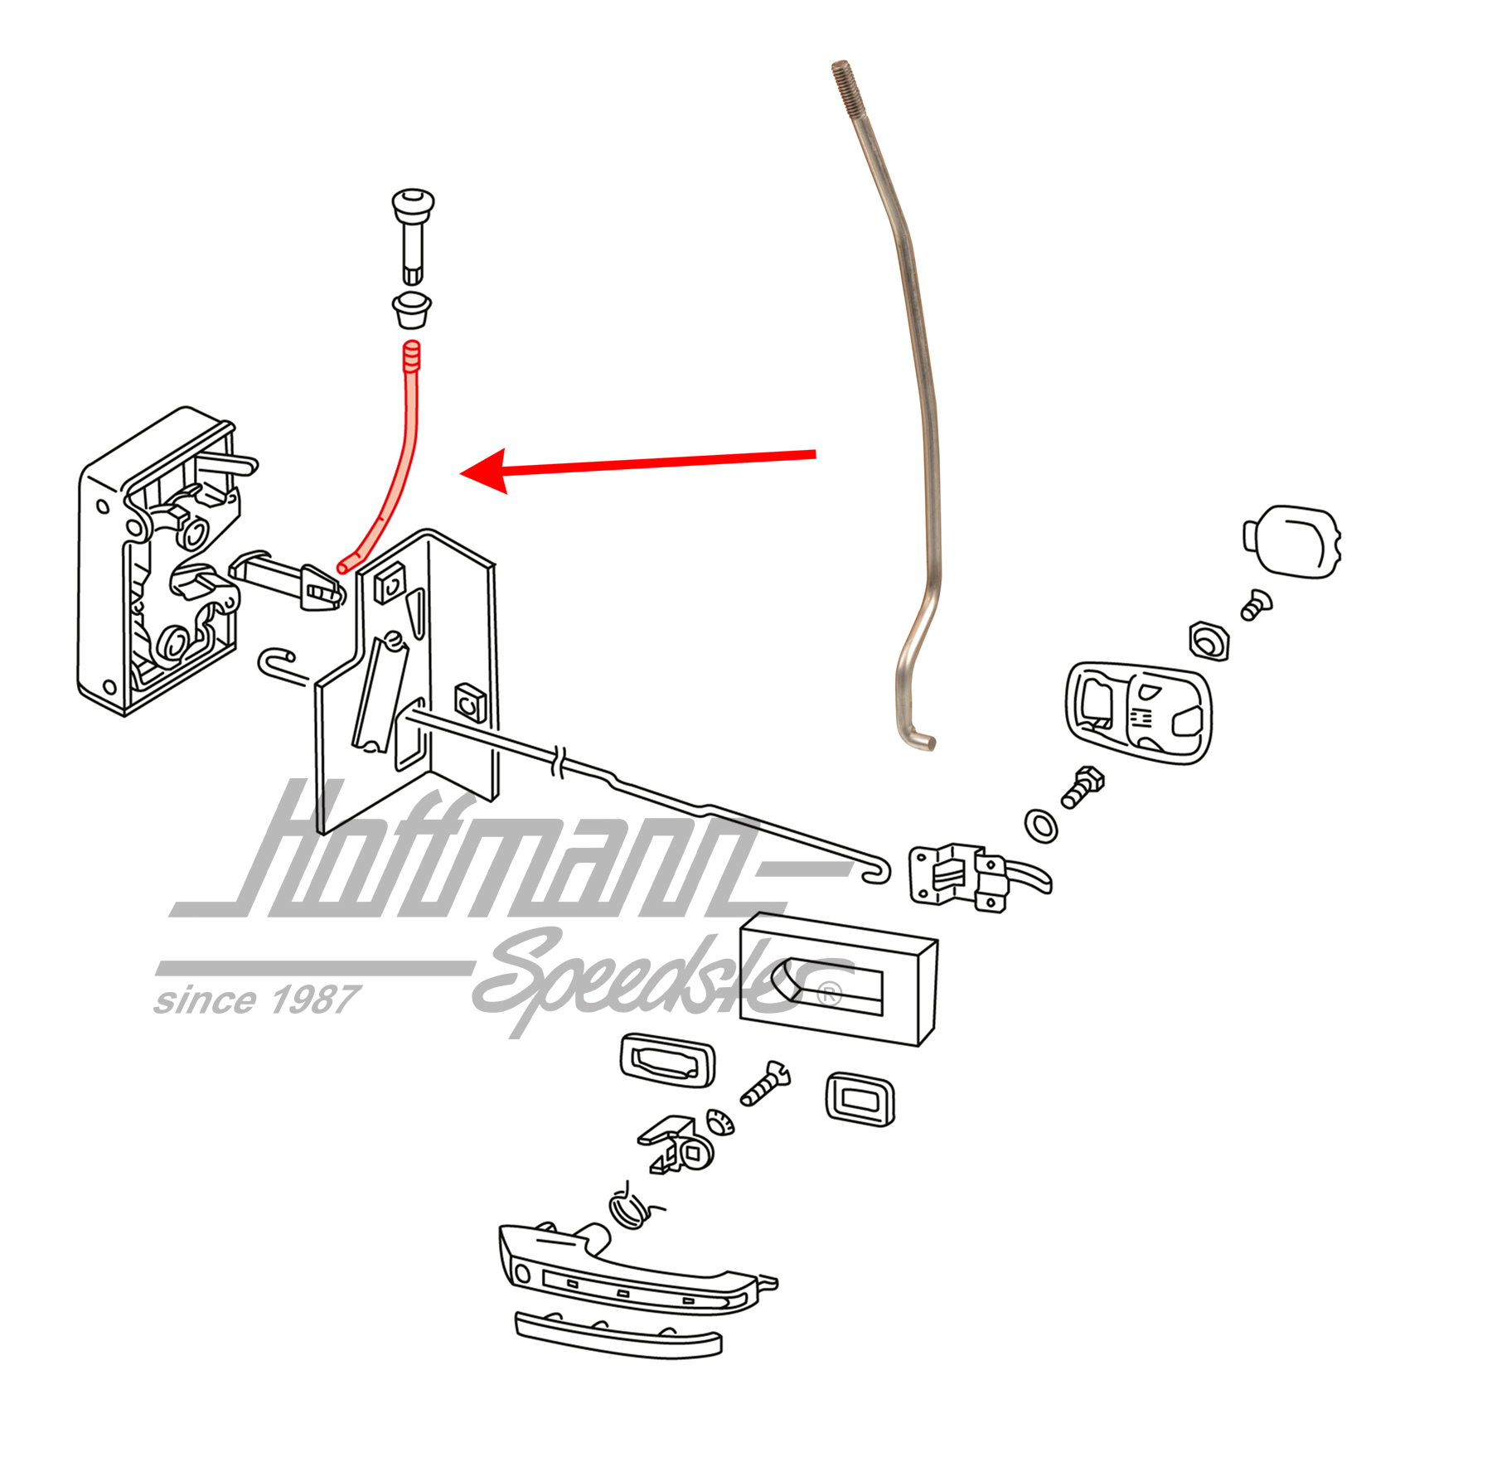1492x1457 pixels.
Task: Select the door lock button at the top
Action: (x=412, y=237)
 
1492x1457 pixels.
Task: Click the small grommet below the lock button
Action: (x=412, y=309)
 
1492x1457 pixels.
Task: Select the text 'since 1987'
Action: (x=256, y=1000)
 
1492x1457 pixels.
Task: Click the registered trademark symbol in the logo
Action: (x=829, y=994)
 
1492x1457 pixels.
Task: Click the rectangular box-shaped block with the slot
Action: (x=837, y=978)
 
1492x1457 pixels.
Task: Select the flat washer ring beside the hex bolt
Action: (x=1041, y=825)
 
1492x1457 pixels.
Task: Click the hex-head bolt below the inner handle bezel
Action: (x=1082, y=787)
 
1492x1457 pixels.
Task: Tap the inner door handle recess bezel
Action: (x=1137, y=711)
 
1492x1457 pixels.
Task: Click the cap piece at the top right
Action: (x=1291, y=541)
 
